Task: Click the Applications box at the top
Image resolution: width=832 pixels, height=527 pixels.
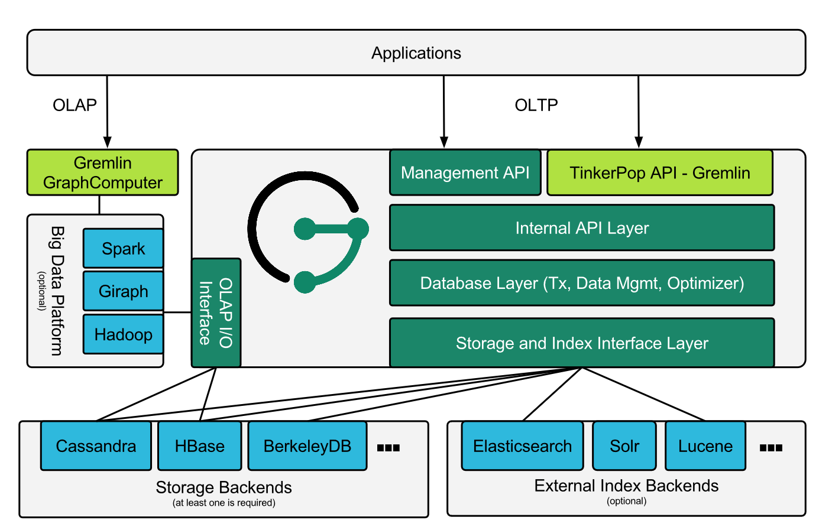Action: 416,53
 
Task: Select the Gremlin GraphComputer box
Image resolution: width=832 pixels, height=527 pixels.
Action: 102,173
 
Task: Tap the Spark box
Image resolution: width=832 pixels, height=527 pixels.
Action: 123,249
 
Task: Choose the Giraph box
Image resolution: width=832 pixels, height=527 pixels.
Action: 123,291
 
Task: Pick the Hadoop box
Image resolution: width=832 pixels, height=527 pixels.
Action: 123,334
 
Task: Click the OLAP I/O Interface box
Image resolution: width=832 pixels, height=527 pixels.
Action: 216,313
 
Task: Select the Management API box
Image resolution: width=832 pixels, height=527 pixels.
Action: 465,173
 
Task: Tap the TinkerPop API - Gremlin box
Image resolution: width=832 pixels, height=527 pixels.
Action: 659,173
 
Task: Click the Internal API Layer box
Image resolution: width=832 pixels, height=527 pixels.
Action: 582,228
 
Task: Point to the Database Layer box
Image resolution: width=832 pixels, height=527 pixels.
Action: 582,283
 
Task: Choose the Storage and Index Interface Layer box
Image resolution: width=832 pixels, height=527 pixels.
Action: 582,343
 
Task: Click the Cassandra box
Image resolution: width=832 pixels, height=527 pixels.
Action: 96,446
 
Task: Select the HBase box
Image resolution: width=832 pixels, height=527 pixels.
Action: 200,446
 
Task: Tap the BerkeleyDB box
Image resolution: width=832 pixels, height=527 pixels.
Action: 307,446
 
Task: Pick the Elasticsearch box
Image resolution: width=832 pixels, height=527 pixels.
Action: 522,446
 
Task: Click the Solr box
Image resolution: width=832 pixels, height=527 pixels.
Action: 624,446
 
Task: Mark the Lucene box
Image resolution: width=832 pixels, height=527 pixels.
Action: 705,446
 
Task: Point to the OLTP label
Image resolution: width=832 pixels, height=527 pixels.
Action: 536,105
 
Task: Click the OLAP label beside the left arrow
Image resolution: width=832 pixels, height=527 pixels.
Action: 75,105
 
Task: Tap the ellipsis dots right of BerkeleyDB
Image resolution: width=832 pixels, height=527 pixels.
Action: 389,448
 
